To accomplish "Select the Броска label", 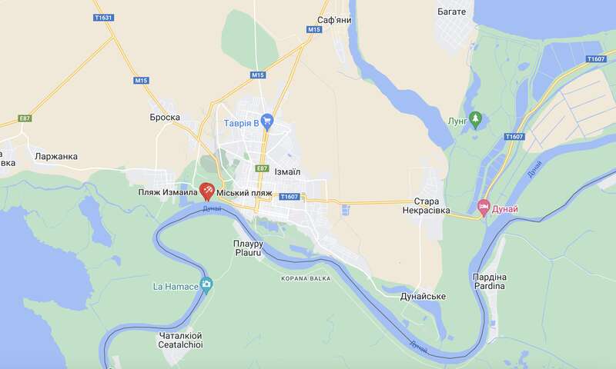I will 165,118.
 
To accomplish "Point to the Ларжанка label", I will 56,156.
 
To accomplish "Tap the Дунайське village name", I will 423,296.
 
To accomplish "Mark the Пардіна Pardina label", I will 489,281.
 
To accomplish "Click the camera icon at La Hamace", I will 206,286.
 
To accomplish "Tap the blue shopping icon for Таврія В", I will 267,121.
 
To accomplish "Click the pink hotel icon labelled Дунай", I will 484,206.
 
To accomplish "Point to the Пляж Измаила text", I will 167,191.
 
